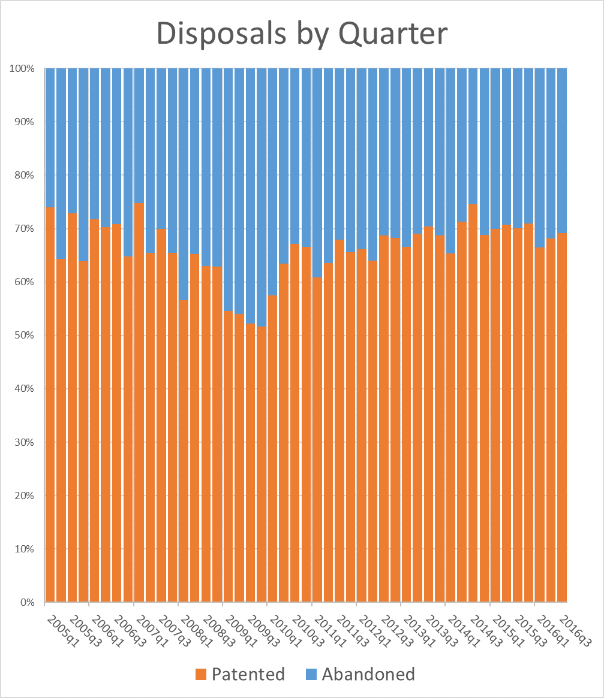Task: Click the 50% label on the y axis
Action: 23,336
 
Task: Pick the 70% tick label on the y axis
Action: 23,229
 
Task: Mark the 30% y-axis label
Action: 23,442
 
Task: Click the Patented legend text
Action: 249,674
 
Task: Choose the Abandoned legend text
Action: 368,674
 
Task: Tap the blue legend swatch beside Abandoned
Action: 311,675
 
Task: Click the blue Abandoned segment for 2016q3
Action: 563,150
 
